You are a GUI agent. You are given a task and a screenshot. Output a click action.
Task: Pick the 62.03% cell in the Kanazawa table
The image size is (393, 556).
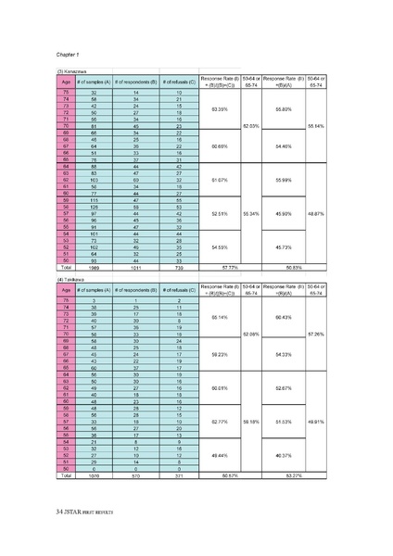coord(250,125)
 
